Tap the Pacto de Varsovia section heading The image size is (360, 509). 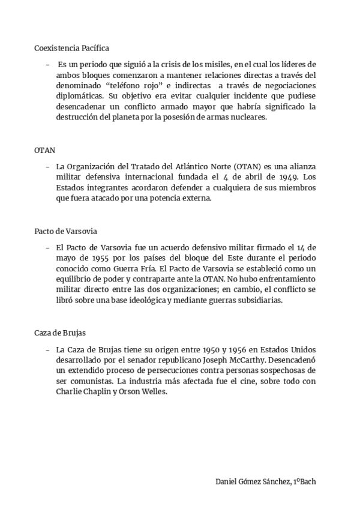pyautogui.click(x=65, y=231)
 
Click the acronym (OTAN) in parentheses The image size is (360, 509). pyautogui.click(x=253, y=166)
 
